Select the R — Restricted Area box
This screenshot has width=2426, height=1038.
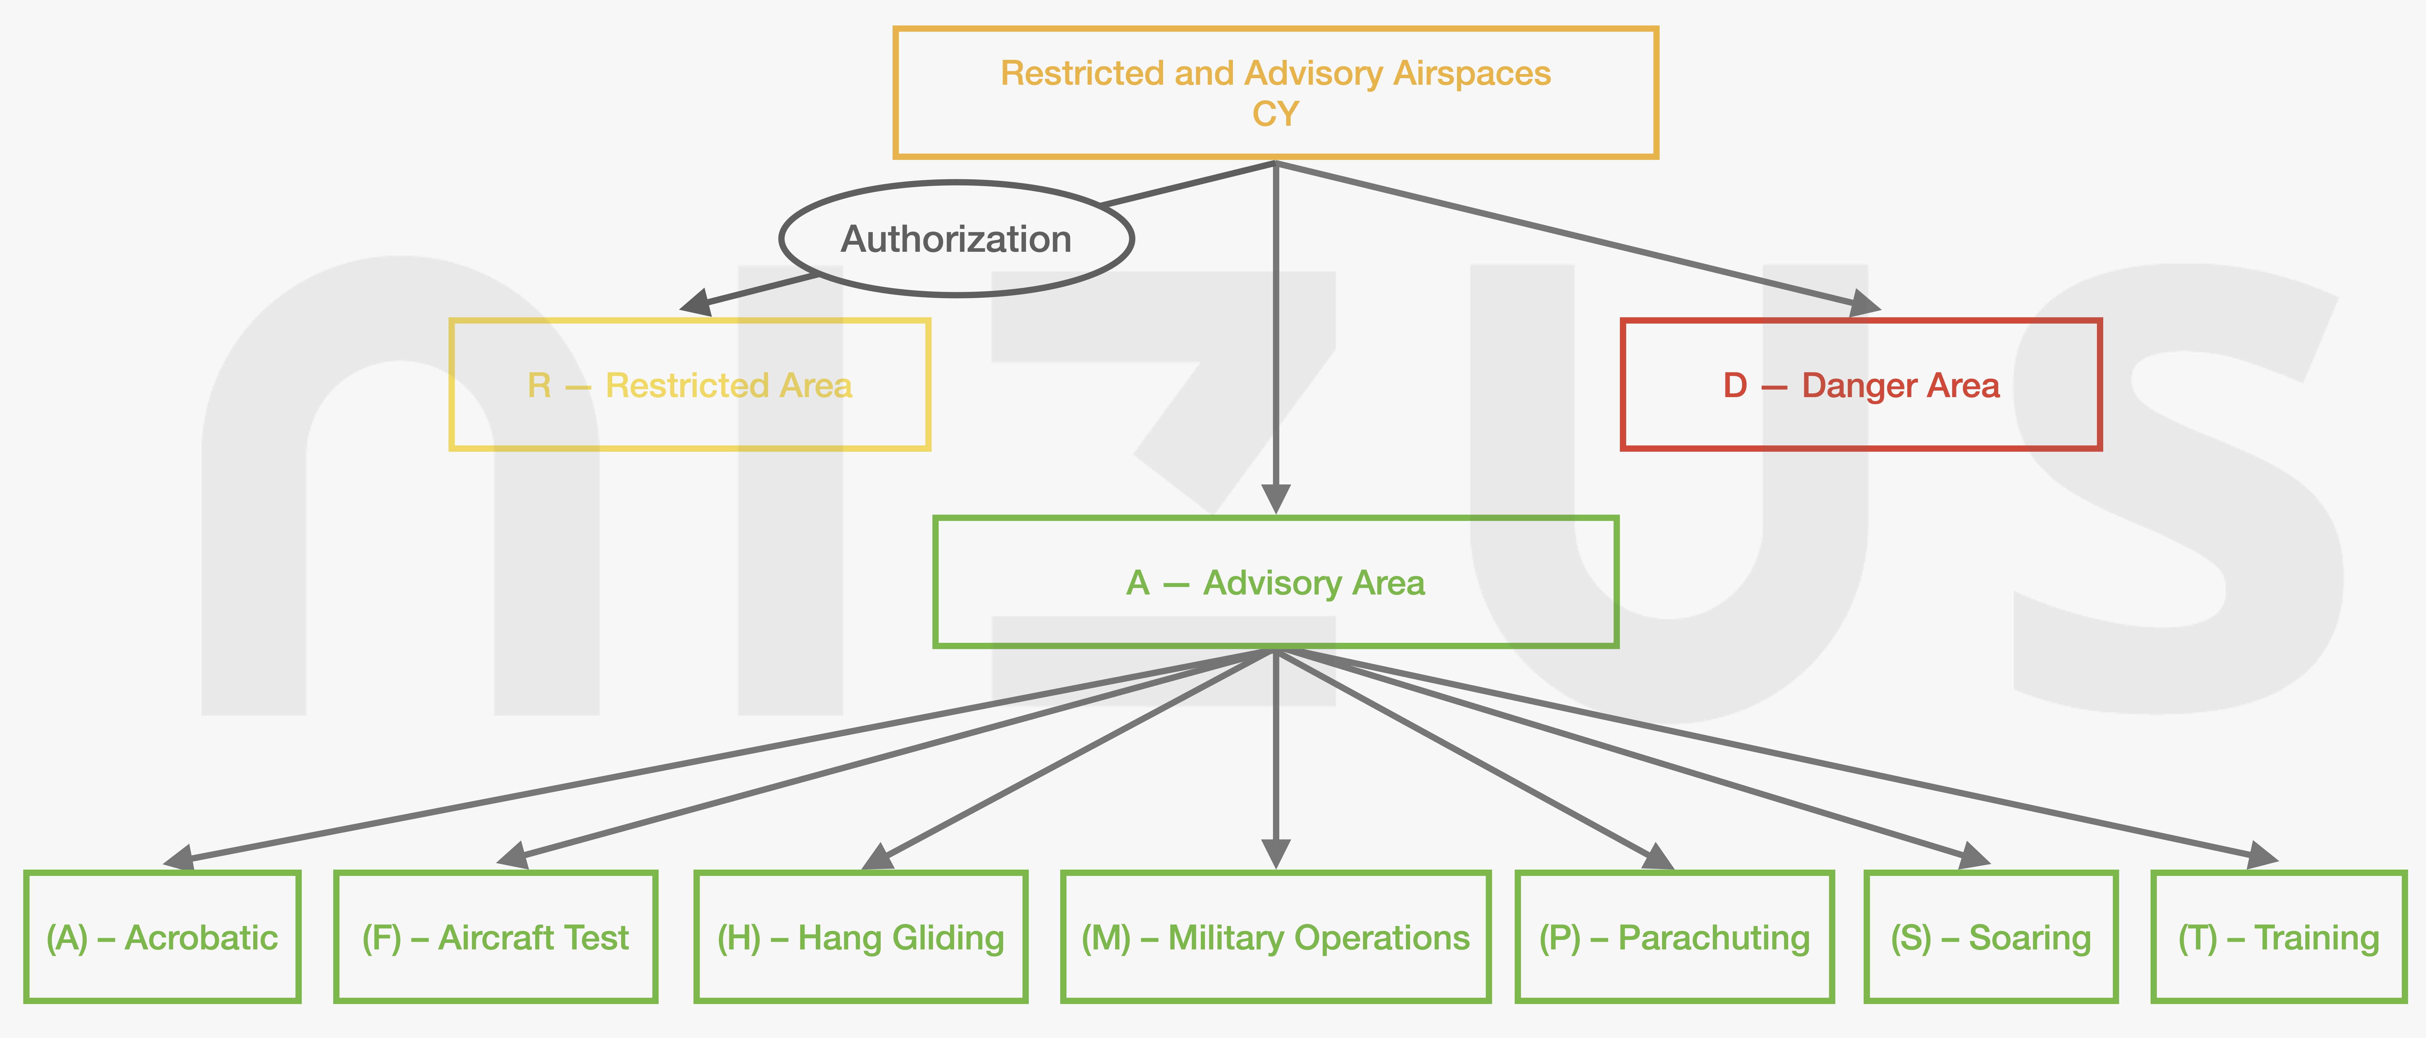click(689, 385)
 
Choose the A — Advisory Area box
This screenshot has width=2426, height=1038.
click(1275, 582)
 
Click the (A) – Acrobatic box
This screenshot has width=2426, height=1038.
click(162, 937)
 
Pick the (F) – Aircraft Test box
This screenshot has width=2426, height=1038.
click(495, 937)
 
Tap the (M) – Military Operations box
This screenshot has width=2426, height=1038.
click(1275, 937)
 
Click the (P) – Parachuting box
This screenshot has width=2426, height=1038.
click(1675, 937)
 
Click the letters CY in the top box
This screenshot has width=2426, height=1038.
click(1275, 114)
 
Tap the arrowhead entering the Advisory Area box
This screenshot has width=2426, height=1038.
click(1275, 499)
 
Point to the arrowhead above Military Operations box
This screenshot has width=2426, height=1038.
click(1275, 853)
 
